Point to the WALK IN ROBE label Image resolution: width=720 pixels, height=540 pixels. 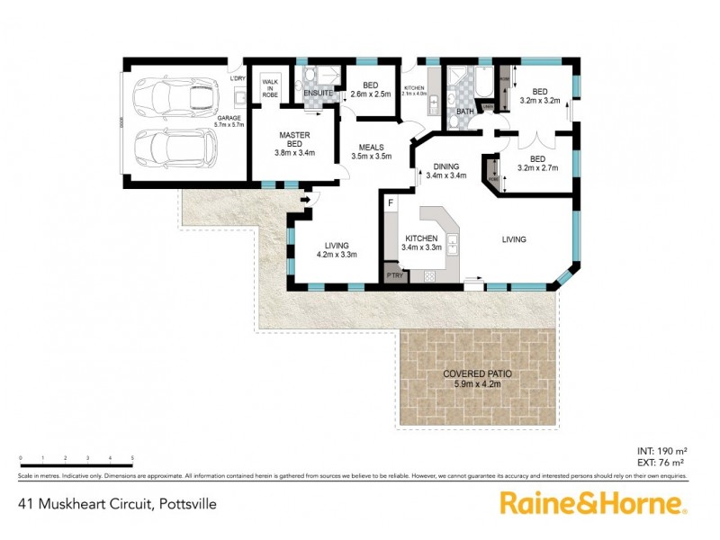point(269,87)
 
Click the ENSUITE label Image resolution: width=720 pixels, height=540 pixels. point(318,93)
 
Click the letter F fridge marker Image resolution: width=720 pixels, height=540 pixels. point(391,204)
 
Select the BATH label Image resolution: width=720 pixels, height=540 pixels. point(464,112)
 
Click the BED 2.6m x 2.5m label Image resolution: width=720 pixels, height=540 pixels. point(368,89)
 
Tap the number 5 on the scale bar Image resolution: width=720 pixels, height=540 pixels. point(132,459)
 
